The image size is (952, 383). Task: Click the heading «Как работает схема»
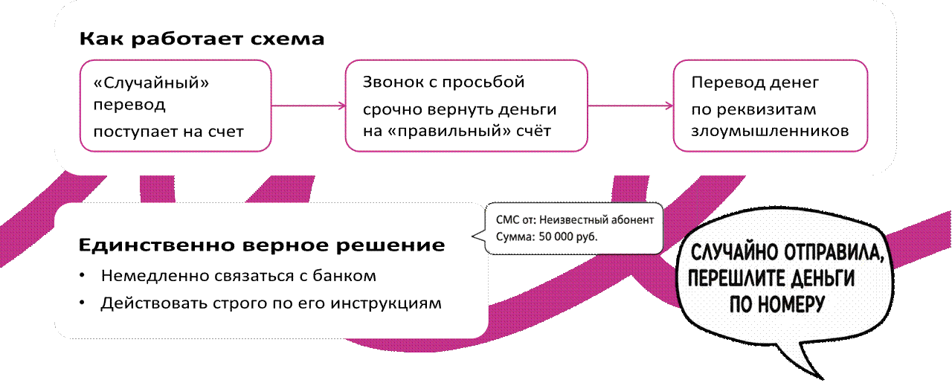coord(202,39)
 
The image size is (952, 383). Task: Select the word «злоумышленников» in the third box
coord(770,132)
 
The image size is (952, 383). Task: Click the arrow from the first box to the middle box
coord(308,106)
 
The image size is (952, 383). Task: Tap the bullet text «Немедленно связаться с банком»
coord(238,276)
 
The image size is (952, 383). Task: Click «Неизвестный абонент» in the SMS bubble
coord(596,220)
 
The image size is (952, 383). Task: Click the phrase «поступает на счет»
coord(169,132)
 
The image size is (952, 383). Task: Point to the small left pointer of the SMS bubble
coord(476,237)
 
